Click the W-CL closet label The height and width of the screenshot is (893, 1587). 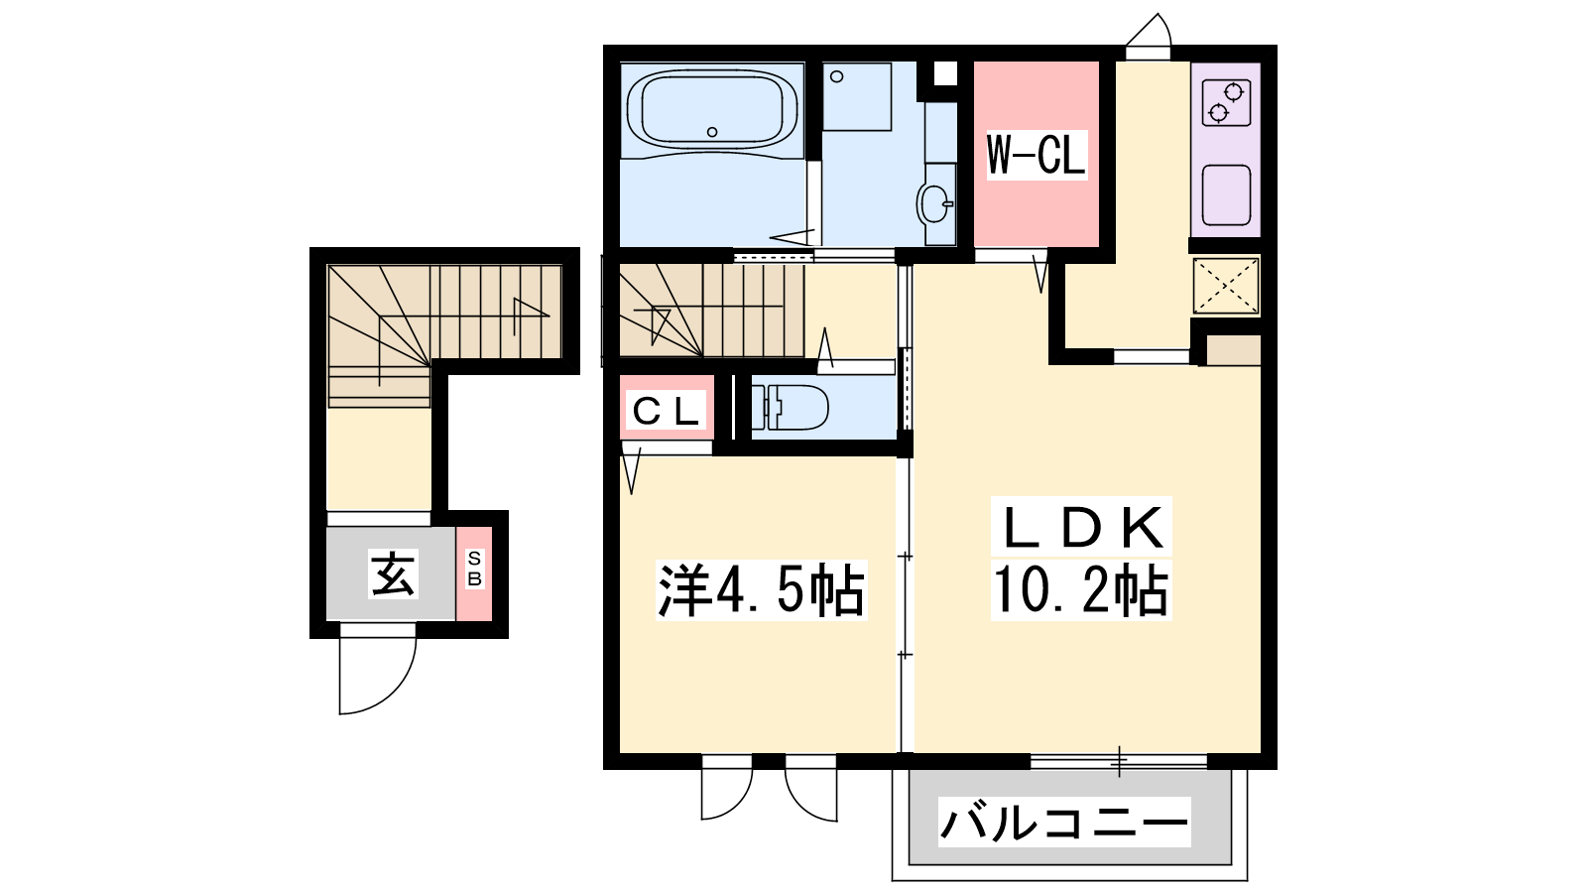1037,155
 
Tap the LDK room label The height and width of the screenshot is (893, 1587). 1081,527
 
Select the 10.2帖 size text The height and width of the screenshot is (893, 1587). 1080,589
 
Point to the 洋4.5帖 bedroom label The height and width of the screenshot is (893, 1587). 762,589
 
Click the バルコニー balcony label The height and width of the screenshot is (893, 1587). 1064,823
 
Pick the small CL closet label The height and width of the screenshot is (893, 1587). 666,411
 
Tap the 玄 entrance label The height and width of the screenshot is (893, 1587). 393,574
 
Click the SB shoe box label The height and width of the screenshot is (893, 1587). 474,570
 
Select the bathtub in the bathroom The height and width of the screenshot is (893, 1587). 713,110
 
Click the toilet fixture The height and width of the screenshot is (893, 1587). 790,408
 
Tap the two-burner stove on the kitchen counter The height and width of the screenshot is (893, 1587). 1226,103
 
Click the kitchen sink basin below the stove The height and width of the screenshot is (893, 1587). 1226,194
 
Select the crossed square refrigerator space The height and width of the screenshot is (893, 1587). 1226,287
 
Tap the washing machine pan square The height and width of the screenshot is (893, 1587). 857,97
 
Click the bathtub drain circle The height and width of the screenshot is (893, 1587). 712,132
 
